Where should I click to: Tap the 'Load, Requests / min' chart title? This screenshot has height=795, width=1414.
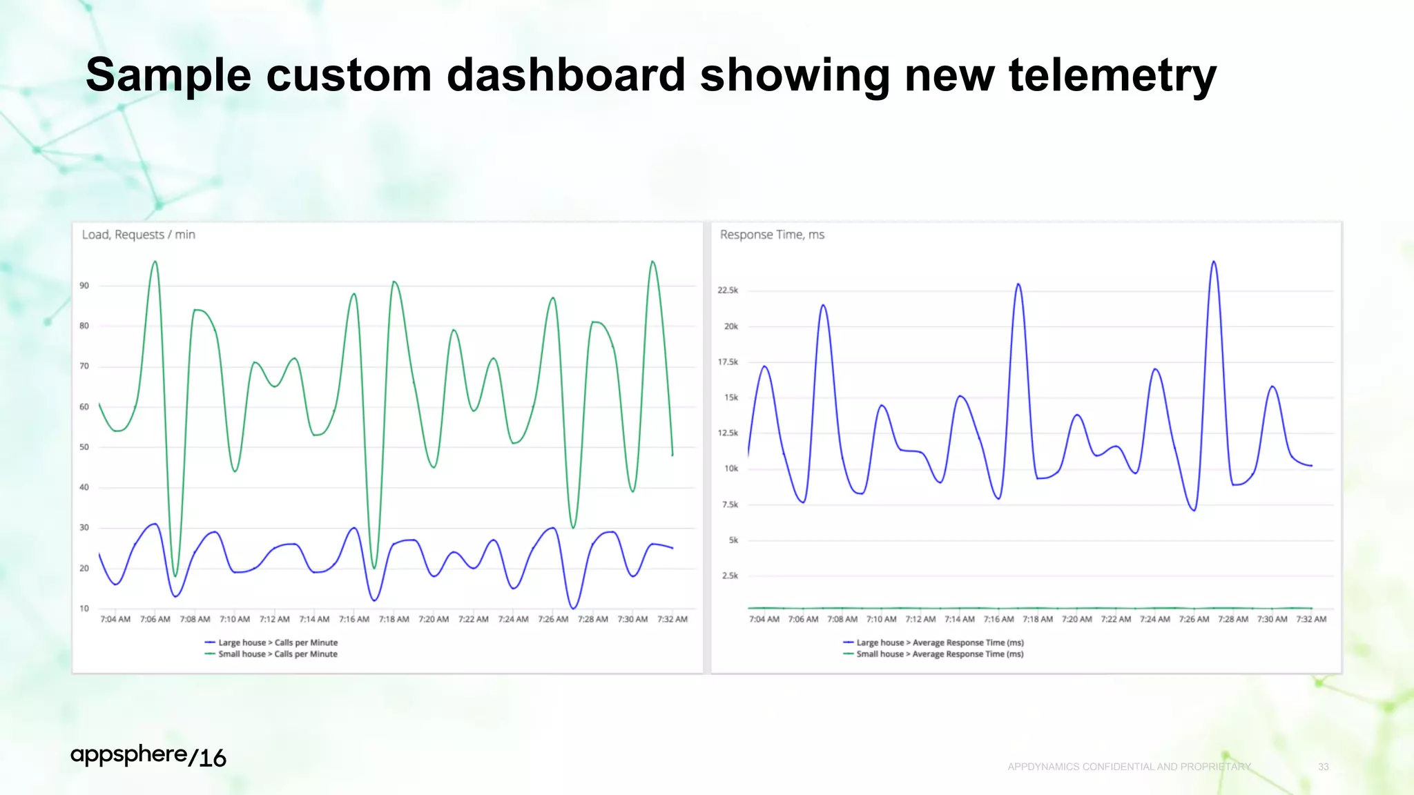coord(138,235)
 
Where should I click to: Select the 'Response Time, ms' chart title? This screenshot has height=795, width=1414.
coord(772,235)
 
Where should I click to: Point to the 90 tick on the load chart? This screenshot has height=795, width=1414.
coord(84,286)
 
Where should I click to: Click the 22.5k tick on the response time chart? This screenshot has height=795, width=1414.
coord(728,291)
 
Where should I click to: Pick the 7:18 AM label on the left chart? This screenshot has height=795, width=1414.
coord(394,619)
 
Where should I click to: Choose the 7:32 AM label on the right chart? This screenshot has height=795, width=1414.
coord(1310,619)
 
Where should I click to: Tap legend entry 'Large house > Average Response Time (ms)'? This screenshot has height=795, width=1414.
coord(939,642)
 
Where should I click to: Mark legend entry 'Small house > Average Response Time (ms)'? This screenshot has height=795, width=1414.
coord(939,654)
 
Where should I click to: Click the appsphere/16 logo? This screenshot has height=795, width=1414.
coord(148,756)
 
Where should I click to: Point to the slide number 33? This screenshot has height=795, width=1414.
coord(1323,767)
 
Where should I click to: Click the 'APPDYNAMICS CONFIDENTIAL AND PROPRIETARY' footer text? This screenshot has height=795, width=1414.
coord(1129,767)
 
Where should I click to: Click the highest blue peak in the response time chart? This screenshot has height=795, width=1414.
coord(1214,262)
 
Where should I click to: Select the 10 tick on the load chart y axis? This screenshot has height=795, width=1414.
coord(84,609)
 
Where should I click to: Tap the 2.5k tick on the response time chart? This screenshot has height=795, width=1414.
coord(730,576)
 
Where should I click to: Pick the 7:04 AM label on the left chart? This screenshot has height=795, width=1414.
coord(115,619)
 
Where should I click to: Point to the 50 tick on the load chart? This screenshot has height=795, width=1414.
coord(84,447)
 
